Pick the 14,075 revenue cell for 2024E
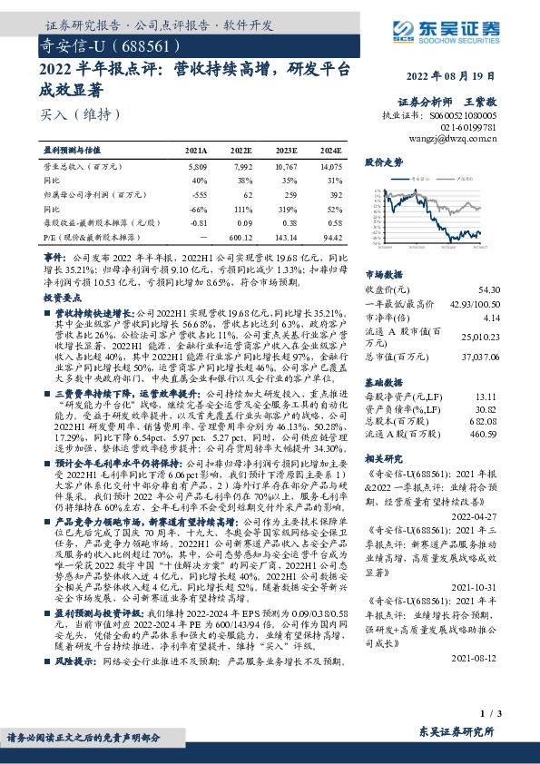click(x=330, y=168)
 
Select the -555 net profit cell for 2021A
click(x=197, y=194)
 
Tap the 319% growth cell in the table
click(x=289, y=208)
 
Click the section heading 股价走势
click(x=383, y=162)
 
